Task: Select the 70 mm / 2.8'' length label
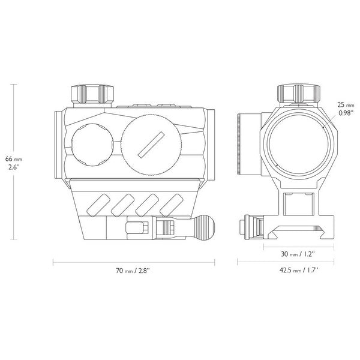click(133, 271)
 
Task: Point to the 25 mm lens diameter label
click(345, 104)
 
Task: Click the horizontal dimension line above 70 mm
click(133, 262)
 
